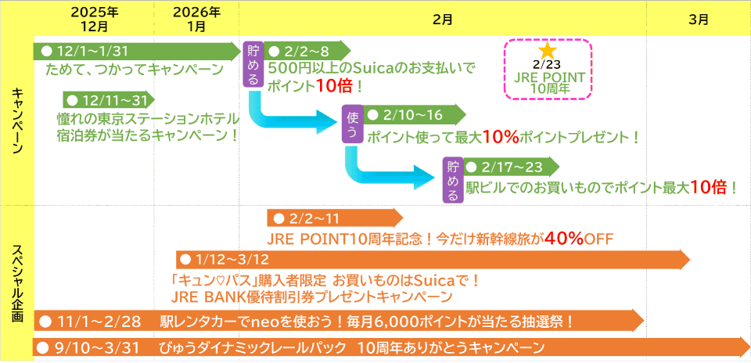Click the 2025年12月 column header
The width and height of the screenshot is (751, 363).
pyautogui.click(x=95, y=19)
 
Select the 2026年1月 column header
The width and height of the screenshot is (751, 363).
pyautogui.click(x=196, y=19)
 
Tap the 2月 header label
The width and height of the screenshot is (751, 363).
pyautogui.click(x=442, y=20)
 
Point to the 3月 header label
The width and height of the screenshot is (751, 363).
pyautogui.click(x=699, y=20)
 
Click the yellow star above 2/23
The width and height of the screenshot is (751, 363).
pyautogui.click(x=548, y=51)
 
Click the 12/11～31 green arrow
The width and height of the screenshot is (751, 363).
pyautogui.click(x=109, y=100)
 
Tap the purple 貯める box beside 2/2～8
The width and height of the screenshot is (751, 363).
pyautogui.click(x=253, y=64)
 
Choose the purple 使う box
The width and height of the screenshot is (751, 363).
pyautogui.click(x=352, y=124)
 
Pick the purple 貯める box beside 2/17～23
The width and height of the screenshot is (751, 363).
pyautogui.click(x=453, y=180)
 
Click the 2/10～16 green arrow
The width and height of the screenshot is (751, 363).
pyautogui.click(x=415, y=115)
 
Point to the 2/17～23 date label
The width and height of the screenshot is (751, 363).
pyautogui.click(x=512, y=167)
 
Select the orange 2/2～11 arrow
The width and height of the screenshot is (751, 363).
pyautogui.click(x=336, y=218)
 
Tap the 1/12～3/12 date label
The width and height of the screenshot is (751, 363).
pyautogui.click(x=232, y=260)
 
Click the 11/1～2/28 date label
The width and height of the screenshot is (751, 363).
pyautogui.click(x=97, y=322)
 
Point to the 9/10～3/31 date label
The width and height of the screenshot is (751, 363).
pyautogui.click(x=97, y=347)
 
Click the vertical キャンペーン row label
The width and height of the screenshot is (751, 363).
pyautogui.click(x=16, y=120)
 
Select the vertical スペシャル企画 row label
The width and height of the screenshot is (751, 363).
pyautogui.click(x=16, y=283)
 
